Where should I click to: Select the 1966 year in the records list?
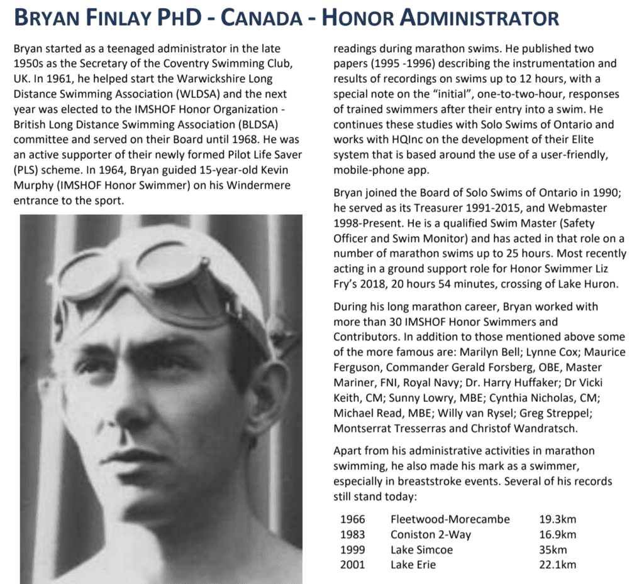point(352,519)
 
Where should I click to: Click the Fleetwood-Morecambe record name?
point(450,519)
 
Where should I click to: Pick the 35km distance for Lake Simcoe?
point(553,549)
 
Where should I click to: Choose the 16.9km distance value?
point(557,534)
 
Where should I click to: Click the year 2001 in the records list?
point(352,565)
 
